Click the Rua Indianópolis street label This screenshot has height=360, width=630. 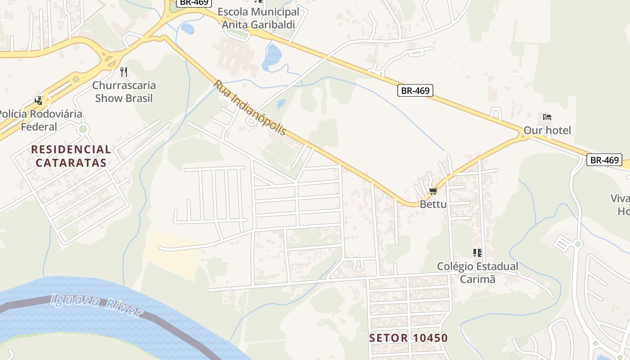click(250, 108)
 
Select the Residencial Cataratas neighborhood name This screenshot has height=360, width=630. click(71, 156)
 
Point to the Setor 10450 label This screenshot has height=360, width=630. click(409, 338)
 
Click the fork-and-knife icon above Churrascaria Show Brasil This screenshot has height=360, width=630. click(124, 72)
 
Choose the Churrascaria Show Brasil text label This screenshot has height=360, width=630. click(124, 92)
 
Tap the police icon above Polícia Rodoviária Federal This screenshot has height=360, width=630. click(39, 101)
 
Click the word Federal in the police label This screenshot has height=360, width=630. click(39, 127)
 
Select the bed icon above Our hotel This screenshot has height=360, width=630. click(547, 117)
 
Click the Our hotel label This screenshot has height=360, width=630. click(547, 130)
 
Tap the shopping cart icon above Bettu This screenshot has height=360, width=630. click(433, 191)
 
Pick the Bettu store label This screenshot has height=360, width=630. click(433, 204)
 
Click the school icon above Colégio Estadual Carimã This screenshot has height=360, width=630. click(477, 253)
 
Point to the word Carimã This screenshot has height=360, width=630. click(477, 279)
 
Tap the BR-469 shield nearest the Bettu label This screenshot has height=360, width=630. click(415, 90)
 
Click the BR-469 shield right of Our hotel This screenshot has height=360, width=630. click(604, 160)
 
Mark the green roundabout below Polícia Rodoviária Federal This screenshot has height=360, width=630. click(83, 130)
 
